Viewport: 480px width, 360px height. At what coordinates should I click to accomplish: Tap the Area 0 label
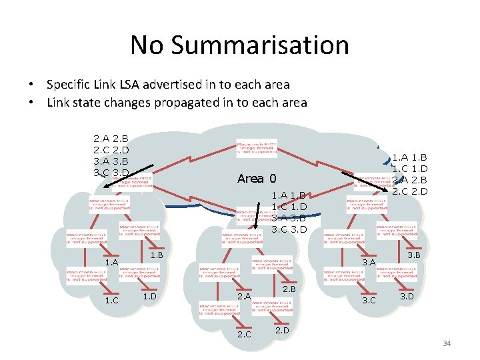point(257,179)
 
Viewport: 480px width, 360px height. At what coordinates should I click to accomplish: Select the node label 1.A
point(111,263)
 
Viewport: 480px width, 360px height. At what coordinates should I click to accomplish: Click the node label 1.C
point(111,300)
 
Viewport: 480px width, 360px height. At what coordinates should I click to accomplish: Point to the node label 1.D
point(149,295)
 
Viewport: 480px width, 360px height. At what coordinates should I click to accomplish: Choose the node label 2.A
point(244,296)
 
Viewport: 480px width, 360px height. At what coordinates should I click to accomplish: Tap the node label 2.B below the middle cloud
point(289,289)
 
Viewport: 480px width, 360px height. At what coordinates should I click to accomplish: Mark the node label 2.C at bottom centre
point(244,334)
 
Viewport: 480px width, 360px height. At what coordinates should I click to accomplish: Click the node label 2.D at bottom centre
point(282,329)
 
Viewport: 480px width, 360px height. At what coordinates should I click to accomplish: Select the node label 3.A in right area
point(369,263)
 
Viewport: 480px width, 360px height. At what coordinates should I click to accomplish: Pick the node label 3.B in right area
point(413,255)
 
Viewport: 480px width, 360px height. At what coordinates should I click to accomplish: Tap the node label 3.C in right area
point(369,300)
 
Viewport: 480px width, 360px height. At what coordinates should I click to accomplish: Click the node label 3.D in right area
point(407,295)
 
